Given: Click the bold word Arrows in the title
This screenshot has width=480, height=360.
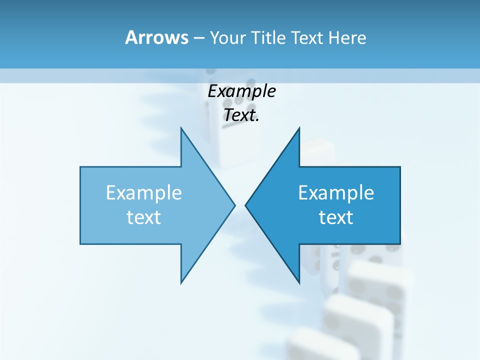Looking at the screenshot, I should coord(156,37).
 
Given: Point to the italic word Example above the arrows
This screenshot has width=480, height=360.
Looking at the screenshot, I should coord(241,91).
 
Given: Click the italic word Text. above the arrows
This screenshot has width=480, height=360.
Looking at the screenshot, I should coord(241,115).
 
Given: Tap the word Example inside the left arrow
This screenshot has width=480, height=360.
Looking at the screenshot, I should coord(144,193).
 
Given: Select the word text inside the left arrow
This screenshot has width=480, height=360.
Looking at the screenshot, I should coord(144,217).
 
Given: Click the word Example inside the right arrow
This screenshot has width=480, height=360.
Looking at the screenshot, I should coord(336,193).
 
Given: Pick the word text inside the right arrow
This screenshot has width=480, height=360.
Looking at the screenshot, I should coord(336,217).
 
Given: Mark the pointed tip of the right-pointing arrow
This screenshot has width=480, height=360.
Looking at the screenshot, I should coord(235,205).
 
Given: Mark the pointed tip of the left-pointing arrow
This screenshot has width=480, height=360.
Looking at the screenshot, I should coord(245,205).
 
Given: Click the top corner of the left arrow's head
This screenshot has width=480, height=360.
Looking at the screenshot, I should coord(181,127).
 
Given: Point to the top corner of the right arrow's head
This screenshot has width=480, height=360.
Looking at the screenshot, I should coord(299,127).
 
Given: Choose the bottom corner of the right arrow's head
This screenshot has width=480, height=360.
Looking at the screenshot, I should coord(299,283).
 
